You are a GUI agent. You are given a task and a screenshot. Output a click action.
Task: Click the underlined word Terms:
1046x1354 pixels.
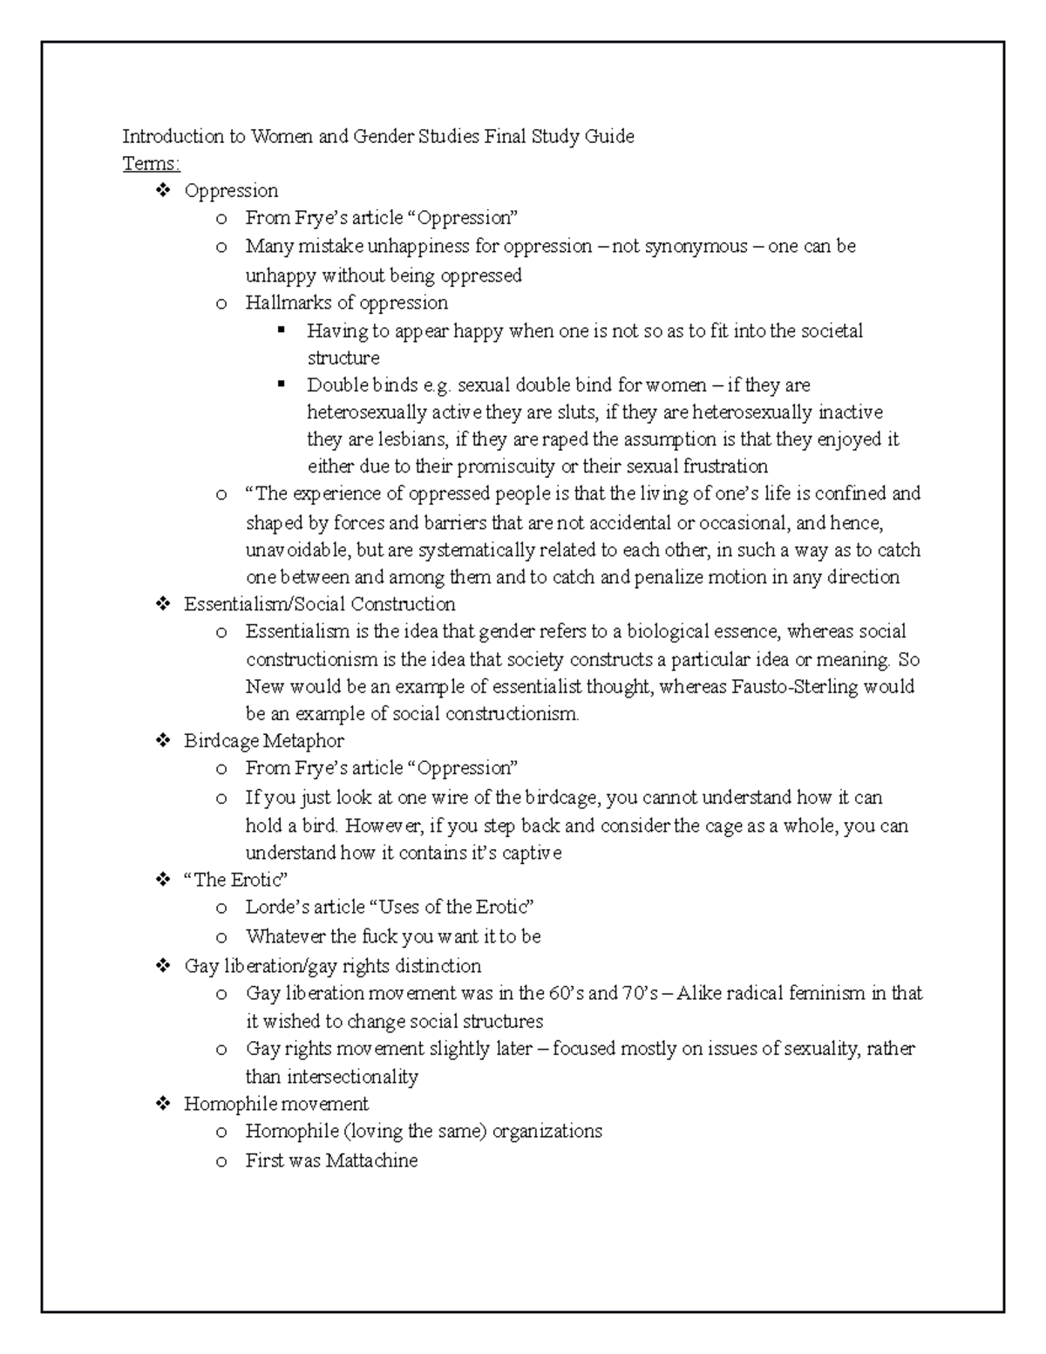point(151,164)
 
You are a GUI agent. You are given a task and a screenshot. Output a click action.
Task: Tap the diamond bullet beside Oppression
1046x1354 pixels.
point(162,190)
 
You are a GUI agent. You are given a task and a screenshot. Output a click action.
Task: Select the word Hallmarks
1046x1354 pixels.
point(284,303)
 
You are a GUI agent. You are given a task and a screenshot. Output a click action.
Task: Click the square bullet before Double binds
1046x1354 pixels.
point(281,384)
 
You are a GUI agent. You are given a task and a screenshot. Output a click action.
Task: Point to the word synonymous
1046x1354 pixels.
point(696,246)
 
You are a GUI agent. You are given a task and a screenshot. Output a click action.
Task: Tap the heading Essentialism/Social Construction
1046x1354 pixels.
point(319,604)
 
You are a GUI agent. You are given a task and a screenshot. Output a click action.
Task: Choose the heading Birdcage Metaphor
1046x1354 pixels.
point(263,741)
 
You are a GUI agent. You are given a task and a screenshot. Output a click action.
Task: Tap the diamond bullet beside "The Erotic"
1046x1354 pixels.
point(162,880)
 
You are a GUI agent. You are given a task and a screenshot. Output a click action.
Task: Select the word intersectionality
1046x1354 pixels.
point(347,1077)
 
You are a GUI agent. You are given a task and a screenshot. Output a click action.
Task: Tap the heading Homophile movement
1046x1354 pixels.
point(275,1104)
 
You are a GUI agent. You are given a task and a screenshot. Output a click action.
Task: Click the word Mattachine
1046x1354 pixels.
point(371,1160)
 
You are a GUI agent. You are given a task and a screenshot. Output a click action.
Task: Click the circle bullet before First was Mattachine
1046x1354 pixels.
point(222,1161)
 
